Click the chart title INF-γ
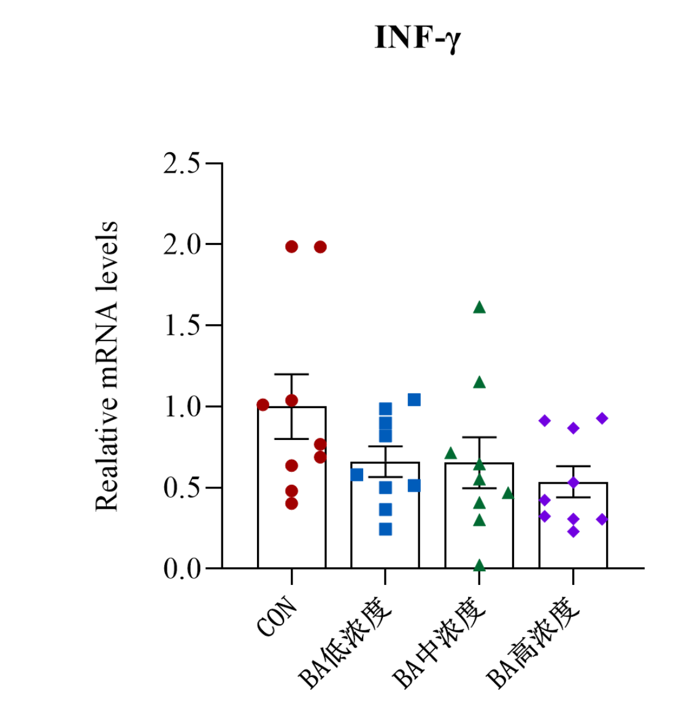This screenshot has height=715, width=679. [x=417, y=38]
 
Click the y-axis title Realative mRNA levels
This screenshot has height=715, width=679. [x=107, y=366]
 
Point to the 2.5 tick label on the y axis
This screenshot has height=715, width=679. [x=182, y=164]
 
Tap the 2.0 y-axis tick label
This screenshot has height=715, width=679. [x=182, y=245]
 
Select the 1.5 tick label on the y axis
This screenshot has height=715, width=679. [x=182, y=326]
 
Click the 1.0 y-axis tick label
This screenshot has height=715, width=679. [x=182, y=407]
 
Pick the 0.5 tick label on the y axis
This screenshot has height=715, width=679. [x=182, y=488]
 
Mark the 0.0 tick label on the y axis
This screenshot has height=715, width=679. [x=182, y=569]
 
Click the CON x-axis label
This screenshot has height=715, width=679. [x=278, y=617]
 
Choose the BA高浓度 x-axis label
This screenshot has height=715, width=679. [x=533, y=644]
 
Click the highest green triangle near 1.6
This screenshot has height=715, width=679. [x=480, y=307]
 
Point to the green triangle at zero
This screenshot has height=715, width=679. [x=480, y=565]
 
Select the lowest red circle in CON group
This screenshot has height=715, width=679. [x=291, y=503]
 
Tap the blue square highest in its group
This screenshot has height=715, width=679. [x=414, y=400]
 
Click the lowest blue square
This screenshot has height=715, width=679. [x=385, y=529]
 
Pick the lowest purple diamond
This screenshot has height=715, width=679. [x=574, y=531]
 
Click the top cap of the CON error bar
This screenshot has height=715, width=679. [x=291, y=374]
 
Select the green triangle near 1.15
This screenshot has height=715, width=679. [x=480, y=383]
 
